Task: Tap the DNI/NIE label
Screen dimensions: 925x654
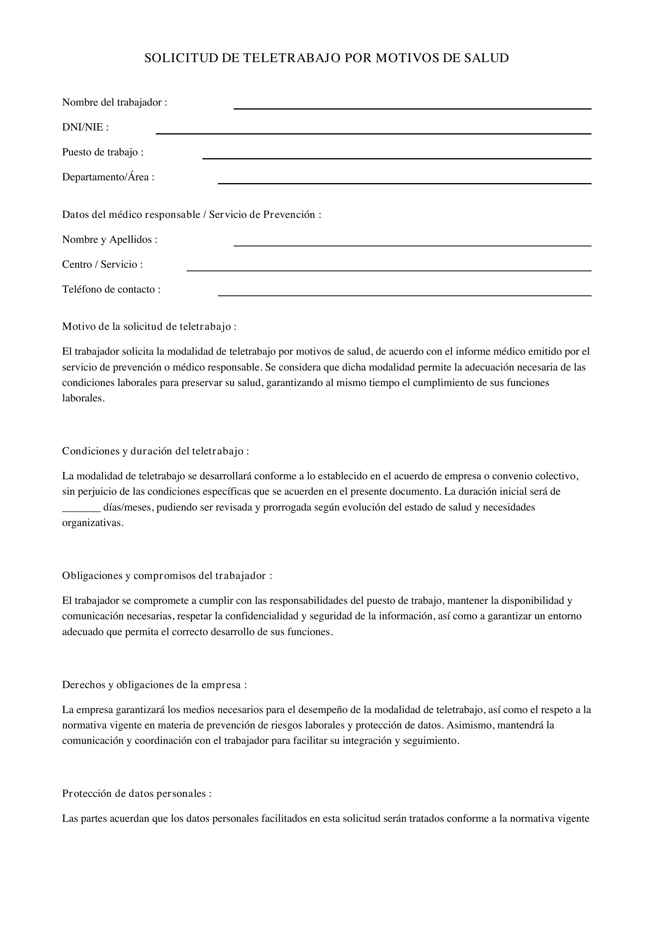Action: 85,127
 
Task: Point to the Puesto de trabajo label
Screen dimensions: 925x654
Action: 103,152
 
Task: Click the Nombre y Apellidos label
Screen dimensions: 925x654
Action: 110,240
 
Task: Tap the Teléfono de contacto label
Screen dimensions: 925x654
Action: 111,289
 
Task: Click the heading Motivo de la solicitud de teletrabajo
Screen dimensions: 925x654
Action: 149,326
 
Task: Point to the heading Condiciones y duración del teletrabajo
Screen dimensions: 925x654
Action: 155,451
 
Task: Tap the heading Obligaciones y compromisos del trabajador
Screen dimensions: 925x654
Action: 167,576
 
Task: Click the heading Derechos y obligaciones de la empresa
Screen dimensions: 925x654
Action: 154,685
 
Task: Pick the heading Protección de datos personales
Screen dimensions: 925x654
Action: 136,794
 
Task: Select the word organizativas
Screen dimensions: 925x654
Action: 93,523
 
